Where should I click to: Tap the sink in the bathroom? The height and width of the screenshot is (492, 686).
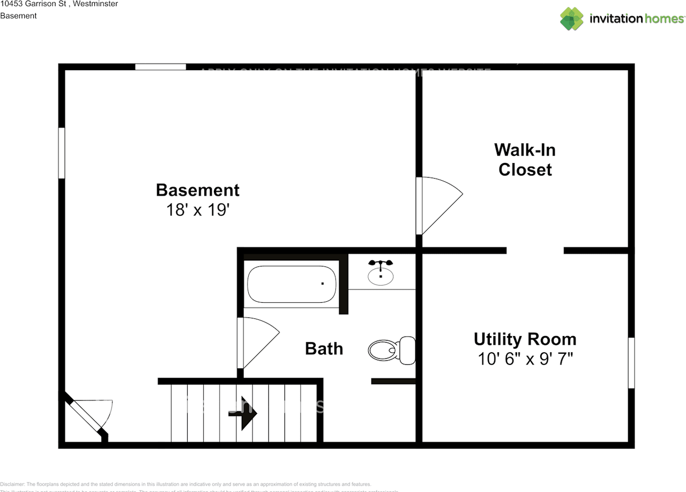381,274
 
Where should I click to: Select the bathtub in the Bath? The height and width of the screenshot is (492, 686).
292,284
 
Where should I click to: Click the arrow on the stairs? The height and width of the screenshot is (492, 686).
247,413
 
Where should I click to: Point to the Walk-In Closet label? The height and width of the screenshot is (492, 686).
525,159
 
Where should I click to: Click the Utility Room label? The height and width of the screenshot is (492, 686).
525,339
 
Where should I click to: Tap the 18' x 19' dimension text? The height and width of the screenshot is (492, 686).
198,210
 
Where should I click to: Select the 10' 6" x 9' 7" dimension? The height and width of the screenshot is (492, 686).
525,359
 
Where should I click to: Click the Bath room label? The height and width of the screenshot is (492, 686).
324,349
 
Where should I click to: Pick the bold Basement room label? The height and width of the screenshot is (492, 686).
198,190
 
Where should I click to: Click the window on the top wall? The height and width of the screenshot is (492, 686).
160,67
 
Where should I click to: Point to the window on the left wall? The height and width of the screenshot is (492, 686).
62,153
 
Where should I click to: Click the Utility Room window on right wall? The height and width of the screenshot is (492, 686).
631,363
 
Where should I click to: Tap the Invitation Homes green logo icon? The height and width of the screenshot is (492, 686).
571,19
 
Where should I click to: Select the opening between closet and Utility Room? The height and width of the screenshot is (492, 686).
535,250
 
